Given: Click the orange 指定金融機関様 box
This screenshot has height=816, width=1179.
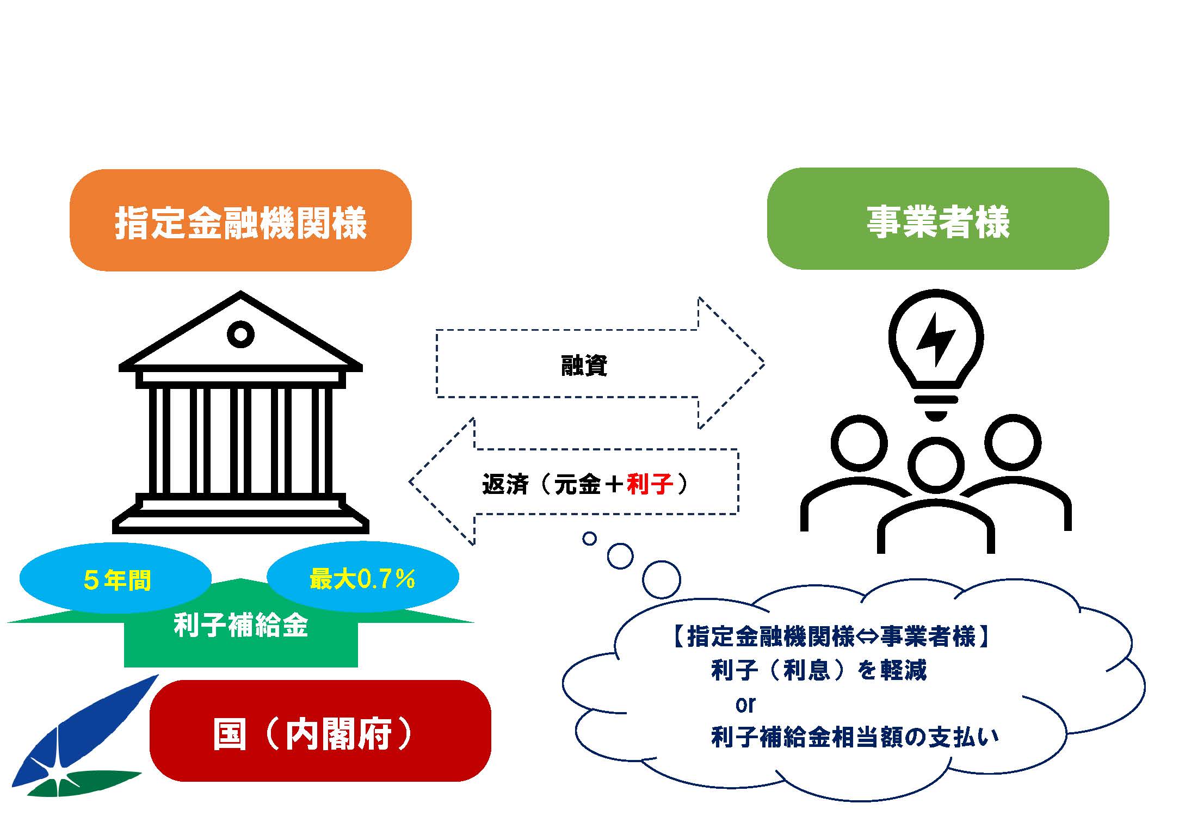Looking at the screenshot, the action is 240,220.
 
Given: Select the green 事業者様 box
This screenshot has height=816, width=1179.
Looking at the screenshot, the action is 938,218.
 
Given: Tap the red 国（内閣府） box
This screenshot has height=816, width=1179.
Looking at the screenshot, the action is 320,731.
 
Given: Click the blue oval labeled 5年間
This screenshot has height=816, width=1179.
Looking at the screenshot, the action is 115,578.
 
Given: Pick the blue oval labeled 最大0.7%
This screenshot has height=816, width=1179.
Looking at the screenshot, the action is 363,577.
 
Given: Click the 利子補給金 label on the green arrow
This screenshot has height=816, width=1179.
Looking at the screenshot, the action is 241,625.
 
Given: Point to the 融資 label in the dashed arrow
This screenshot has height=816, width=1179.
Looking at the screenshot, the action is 584,365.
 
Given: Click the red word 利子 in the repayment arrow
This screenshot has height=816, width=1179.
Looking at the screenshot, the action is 650,484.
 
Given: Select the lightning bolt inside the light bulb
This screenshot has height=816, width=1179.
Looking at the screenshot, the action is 936,338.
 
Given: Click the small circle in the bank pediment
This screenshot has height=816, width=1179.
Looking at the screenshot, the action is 240,333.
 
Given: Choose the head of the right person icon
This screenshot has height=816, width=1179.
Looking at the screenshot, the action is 1013,442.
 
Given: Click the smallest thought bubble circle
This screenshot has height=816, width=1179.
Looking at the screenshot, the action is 589,539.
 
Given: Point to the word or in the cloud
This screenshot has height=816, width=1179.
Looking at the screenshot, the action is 745,704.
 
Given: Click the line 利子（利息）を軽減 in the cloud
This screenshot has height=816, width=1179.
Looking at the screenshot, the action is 818,670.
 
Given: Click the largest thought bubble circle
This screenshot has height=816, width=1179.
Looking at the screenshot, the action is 661,580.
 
